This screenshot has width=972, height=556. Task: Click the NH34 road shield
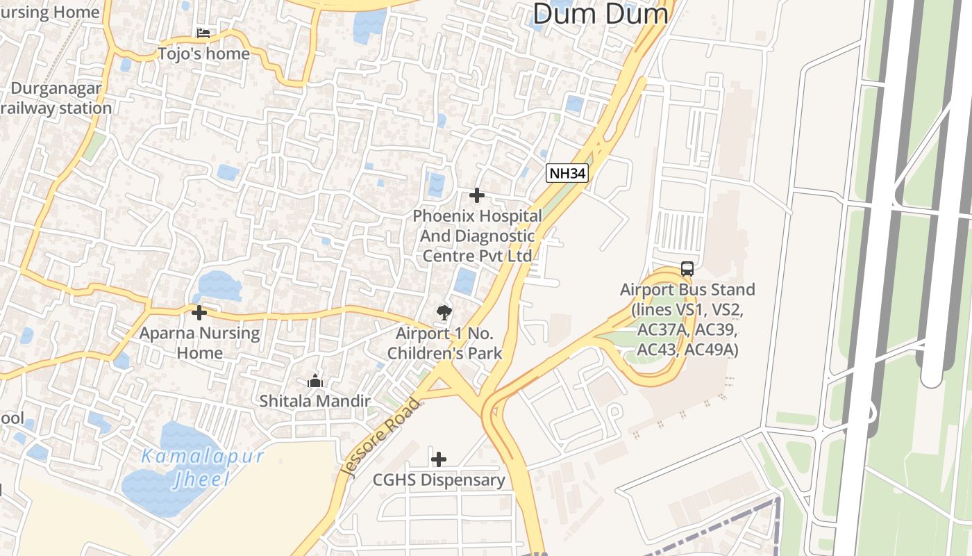coord(567,173)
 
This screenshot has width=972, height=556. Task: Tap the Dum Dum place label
coord(601,13)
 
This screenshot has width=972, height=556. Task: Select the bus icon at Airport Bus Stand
coord(687,269)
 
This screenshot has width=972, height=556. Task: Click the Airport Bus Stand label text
coord(687,320)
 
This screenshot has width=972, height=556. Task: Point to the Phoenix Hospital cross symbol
coord(477,195)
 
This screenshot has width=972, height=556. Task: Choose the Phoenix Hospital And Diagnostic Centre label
coord(478,236)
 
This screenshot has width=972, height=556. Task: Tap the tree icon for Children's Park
coord(444,313)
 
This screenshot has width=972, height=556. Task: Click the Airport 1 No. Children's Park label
coord(444,343)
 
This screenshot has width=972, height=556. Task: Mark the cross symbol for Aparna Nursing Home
coord(199,313)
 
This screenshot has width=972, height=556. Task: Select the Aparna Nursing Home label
coord(199,343)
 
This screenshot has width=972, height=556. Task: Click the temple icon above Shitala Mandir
coord(315,381)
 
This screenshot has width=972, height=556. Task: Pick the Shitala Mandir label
coord(315,401)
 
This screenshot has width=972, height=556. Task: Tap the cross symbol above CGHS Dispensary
coord(439,459)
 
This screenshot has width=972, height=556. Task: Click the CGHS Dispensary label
coord(439,480)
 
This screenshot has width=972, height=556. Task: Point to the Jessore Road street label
coord(382,438)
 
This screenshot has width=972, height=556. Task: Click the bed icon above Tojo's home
coord(203,33)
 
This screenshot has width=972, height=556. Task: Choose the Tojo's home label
coord(203,54)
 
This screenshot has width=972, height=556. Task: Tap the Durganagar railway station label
coord(56,98)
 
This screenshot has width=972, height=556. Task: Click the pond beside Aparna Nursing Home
coord(219,285)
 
